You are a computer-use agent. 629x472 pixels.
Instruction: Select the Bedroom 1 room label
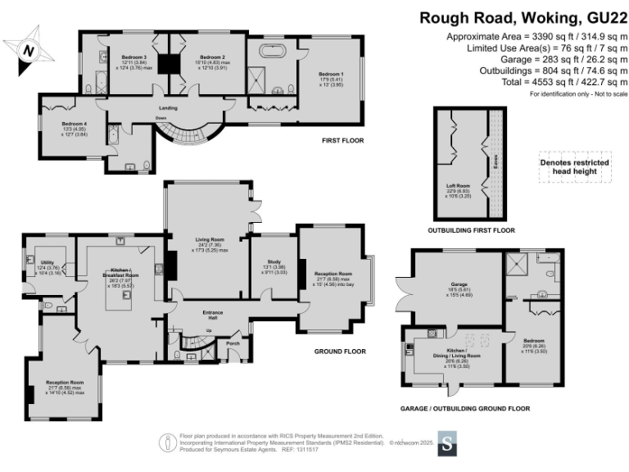point(332,74)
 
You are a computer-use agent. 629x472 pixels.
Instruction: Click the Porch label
point(233,343)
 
